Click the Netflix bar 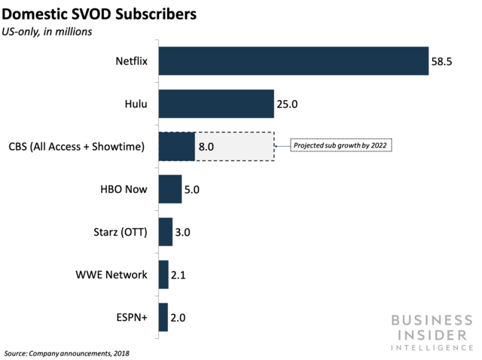293,61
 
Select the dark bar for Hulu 216,104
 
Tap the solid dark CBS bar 177,146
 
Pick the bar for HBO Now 170,189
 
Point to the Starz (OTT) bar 166,232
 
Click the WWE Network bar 163,275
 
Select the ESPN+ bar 163,317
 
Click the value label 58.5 441,61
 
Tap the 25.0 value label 288,104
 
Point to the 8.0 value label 207,146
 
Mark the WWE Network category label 112,275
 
